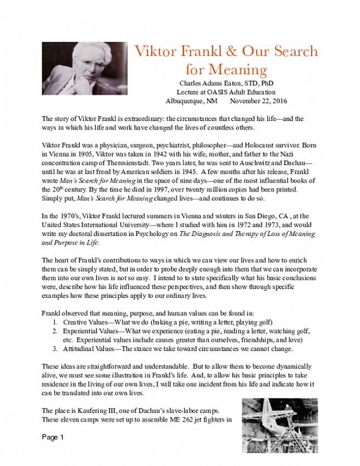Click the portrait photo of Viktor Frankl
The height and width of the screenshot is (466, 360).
pyautogui.click(x=84, y=68)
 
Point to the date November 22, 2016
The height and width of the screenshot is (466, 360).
pyautogui.click(x=259, y=101)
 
